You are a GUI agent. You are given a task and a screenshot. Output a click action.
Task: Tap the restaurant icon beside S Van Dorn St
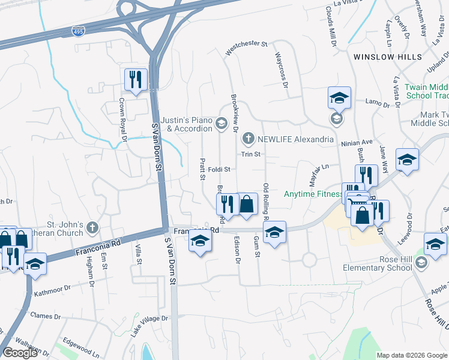click(136, 79)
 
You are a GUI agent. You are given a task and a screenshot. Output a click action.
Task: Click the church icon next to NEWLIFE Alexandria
click(248, 139)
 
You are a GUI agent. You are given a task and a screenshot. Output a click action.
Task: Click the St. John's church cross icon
click(91, 227)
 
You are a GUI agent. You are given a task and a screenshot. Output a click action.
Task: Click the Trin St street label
click(250, 154)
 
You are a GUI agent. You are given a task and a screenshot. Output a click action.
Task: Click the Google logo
click(20, 353)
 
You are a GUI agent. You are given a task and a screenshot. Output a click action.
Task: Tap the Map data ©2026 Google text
click(412, 355)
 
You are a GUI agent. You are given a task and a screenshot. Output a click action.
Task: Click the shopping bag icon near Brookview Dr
click(247, 204)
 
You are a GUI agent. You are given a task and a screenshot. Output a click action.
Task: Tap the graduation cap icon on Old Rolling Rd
click(274, 232)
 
